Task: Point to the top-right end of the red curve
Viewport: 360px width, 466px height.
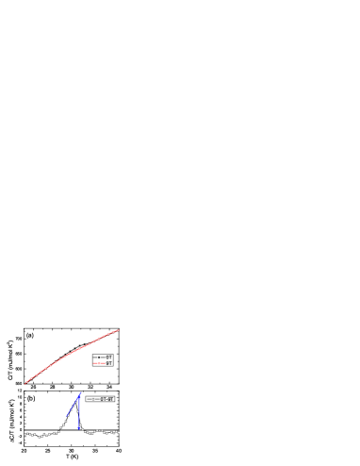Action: click(119, 330)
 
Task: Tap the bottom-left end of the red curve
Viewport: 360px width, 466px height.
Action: click(25, 383)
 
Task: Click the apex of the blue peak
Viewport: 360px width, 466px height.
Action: click(80, 393)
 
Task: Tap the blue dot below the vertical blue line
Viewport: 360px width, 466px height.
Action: click(80, 427)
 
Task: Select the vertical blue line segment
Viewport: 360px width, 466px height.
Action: click(80, 410)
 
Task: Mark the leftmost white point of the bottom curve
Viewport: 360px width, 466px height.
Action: click(25, 434)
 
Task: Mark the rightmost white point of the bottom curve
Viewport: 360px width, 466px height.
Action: click(118, 433)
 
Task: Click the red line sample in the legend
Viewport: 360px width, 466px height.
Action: click(98, 363)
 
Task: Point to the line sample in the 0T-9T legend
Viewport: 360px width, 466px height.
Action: click(92, 399)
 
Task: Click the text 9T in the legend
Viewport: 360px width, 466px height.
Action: click(109, 363)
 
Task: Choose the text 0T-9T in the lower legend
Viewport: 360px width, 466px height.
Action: click(107, 399)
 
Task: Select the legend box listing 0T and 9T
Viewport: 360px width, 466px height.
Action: click(103, 360)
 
